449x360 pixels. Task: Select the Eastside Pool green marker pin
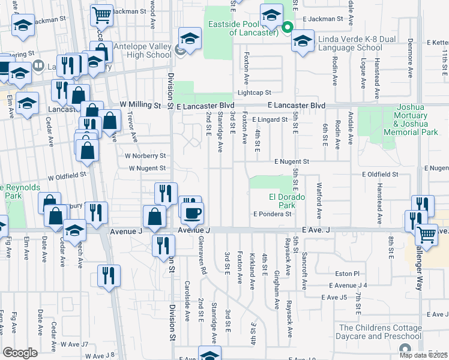click(288, 27)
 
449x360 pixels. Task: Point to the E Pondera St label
click(272, 214)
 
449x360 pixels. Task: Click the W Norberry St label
click(145, 156)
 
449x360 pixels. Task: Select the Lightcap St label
click(255, 92)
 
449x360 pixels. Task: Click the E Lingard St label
click(270, 120)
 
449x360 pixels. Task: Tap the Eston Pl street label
click(347, 273)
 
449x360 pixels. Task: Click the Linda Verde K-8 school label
click(350, 43)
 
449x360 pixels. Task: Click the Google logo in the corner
click(20, 353)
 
